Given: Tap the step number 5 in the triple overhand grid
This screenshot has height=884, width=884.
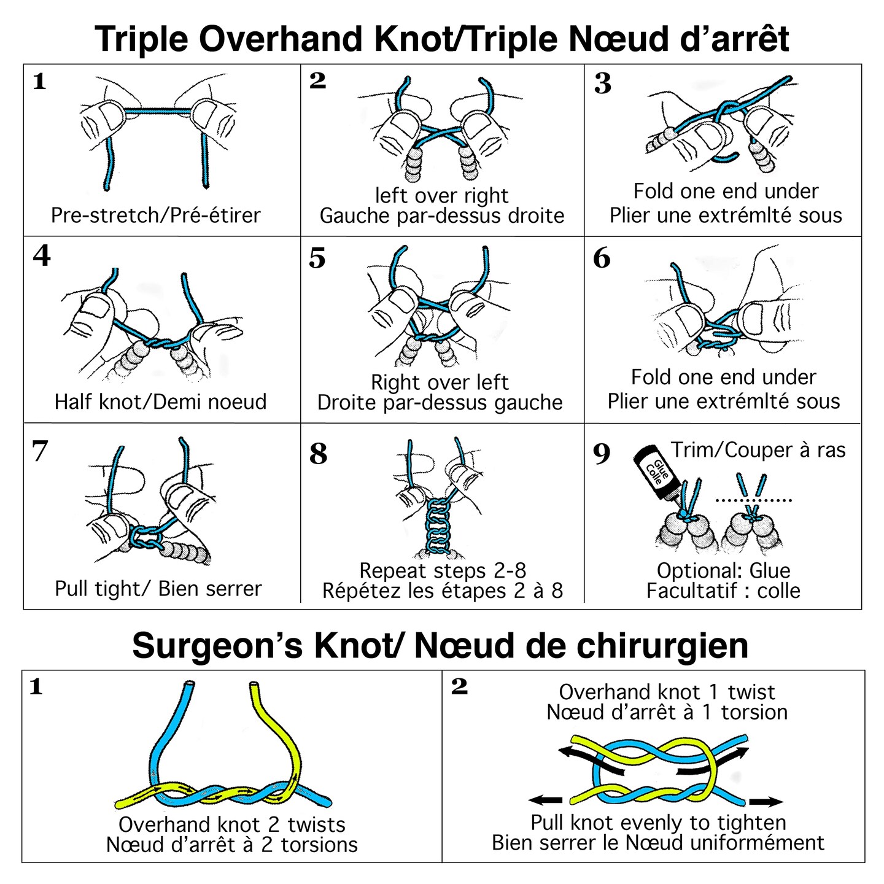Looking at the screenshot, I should click(x=317, y=258).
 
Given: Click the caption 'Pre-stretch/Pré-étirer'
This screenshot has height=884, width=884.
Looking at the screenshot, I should click(x=156, y=215).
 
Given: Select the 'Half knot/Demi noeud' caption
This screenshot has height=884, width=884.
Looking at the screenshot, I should click(x=161, y=401).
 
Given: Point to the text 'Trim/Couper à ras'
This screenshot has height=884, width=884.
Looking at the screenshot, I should click(x=758, y=450).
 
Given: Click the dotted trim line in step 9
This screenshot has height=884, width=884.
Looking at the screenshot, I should click(x=754, y=500).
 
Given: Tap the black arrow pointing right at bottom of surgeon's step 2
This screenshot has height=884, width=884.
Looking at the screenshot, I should click(x=766, y=801).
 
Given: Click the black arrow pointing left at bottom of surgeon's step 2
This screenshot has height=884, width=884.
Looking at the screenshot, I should click(x=546, y=800).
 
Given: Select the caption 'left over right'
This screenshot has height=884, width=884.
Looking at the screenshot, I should click(x=442, y=195).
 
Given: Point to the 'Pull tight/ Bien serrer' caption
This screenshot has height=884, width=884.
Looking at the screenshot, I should click(x=158, y=588).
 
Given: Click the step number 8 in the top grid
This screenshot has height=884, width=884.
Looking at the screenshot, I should click(x=318, y=454).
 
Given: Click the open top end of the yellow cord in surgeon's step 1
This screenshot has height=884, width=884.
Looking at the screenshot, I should click(x=254, y=684).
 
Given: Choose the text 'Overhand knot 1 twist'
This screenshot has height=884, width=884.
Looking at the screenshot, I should click(x=667, y=692).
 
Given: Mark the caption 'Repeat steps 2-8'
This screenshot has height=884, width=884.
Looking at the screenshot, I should click(x=443, y=570).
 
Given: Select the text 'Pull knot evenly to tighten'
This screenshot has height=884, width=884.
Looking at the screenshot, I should click(x=658, y=822).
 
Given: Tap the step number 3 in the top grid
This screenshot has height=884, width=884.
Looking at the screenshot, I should click(x=603, y=83).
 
